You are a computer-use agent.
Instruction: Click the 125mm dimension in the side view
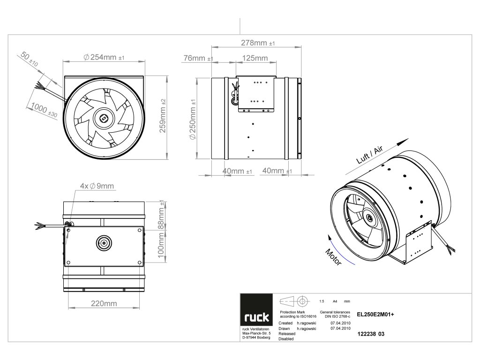255,58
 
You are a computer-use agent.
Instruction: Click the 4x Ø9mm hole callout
97,186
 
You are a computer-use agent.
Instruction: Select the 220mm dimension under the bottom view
104,303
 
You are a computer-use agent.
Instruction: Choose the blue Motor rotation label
333,258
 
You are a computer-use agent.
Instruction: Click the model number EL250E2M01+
375,315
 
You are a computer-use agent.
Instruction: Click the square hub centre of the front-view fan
103,118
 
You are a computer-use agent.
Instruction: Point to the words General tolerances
335,312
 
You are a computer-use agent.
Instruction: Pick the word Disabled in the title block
286,338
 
